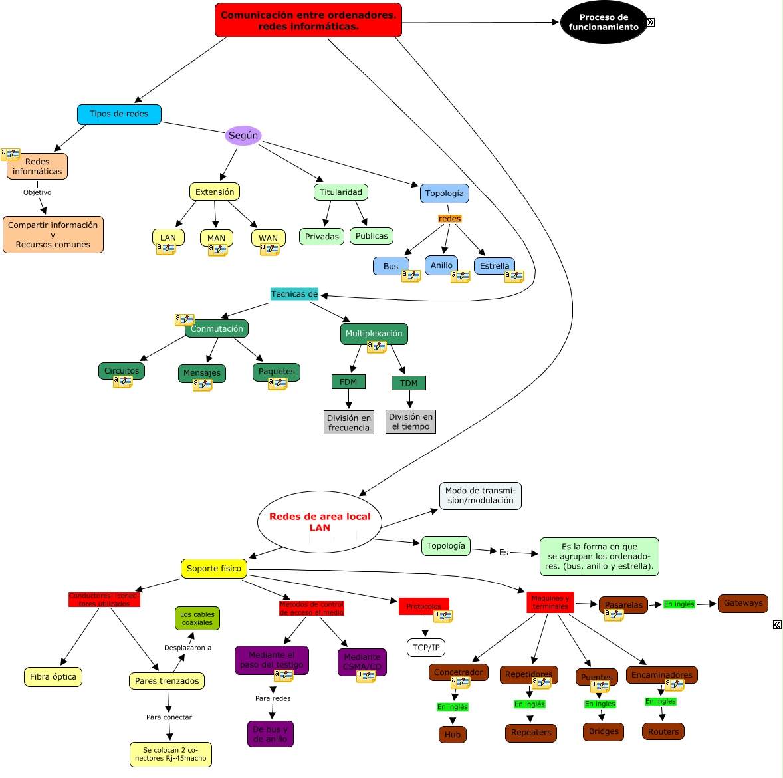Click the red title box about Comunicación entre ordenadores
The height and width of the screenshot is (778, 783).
pyautogui.click(x=308, y=20)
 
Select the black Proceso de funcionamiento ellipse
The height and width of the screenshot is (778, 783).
pyautogui.click(x=604, y=23)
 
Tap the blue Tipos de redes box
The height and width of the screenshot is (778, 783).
pyautogui.click(x=119, y=114)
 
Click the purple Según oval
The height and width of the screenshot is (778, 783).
pyautogui.click(x=243, y=136)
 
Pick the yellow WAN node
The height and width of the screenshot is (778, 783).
pyautogui.click(x=269, y=237)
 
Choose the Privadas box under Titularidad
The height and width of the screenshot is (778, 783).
pyautogui.click(x=322, y=237)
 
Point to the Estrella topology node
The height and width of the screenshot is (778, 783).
pyautogui.click(x=495, y=266)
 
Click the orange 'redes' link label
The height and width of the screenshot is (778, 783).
pyautogui.click(x=450, y=219)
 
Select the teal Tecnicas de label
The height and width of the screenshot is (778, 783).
pyautogui.click(x=294, y=294)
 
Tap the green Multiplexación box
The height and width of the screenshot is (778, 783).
pyautogui.click(x=374, y=334)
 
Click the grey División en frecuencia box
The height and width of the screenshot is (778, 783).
pyautogui.click(x=349, y=422)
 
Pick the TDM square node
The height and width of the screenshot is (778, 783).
pyautogui.click(x=409, y=383)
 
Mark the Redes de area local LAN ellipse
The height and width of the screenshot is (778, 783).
pyautogui.click(x=320, y=522)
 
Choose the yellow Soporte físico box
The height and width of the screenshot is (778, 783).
pyautogui.click(x=214, y=569)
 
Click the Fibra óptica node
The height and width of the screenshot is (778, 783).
pyautogui.click(x=53, y=677)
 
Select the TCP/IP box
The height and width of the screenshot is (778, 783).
pyautogui.click(x=426, y=648)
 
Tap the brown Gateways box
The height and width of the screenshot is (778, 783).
pyautogui.click(x=743, y=604)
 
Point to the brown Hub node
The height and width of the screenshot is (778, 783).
pyautogui.click(x=453, y=735)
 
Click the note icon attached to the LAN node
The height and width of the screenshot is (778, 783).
pyautogui.click(x=166, y=249)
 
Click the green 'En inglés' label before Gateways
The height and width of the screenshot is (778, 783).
pyautogui.click(x=679, y=604)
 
